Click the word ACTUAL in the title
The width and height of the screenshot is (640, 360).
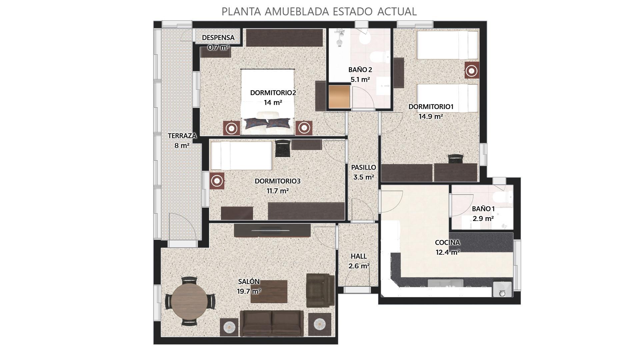pyautogui.click(x=397, y=11)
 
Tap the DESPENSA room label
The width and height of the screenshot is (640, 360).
pyautogui.click(x=218, y=38)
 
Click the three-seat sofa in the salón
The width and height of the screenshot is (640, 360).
pyautogui.click(x=272, y=323)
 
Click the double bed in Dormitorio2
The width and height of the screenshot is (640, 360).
pyautogui.click(x=268, y=102)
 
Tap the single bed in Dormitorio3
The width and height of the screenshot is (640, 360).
pyautogui.click(x=242, y=156)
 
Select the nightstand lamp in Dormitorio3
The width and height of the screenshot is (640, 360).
pyautogui.click(x=217, y=181)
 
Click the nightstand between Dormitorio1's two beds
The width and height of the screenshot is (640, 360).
pyautogui.click(x=472, y=71)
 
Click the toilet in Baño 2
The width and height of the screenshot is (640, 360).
pyautogui.click(x=381, y=57)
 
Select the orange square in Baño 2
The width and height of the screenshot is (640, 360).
pyautogui.click(x=339, y=97)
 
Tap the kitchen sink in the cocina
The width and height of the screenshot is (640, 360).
pyautogui.click(x=445, y=283)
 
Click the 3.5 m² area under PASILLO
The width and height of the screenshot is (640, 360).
pyautogui.click(x=363, y=177)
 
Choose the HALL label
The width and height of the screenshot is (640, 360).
pyautogui.click(x=359, y=256)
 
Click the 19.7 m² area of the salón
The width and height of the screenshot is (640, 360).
pyautogui.click(x=249, y=291)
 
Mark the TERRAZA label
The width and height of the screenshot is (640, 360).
pyautogui.click(x=182, y=136)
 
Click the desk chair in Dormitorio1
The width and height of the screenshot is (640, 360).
pyautogui.click(x=456, y=158)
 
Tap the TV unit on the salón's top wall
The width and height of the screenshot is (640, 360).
pyautogui.click(x=272, y=230)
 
